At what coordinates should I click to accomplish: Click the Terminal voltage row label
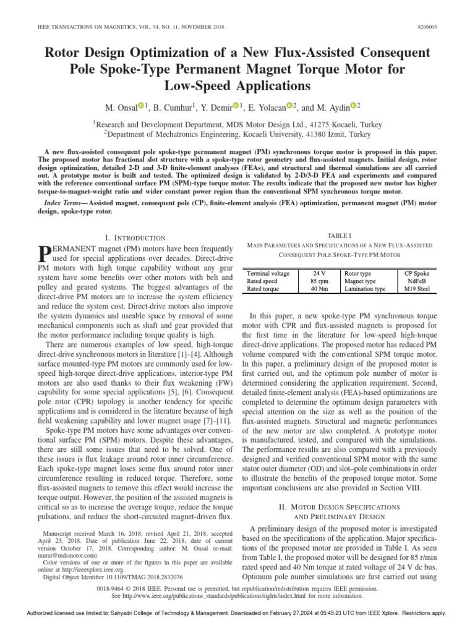(x=270, y=272)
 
